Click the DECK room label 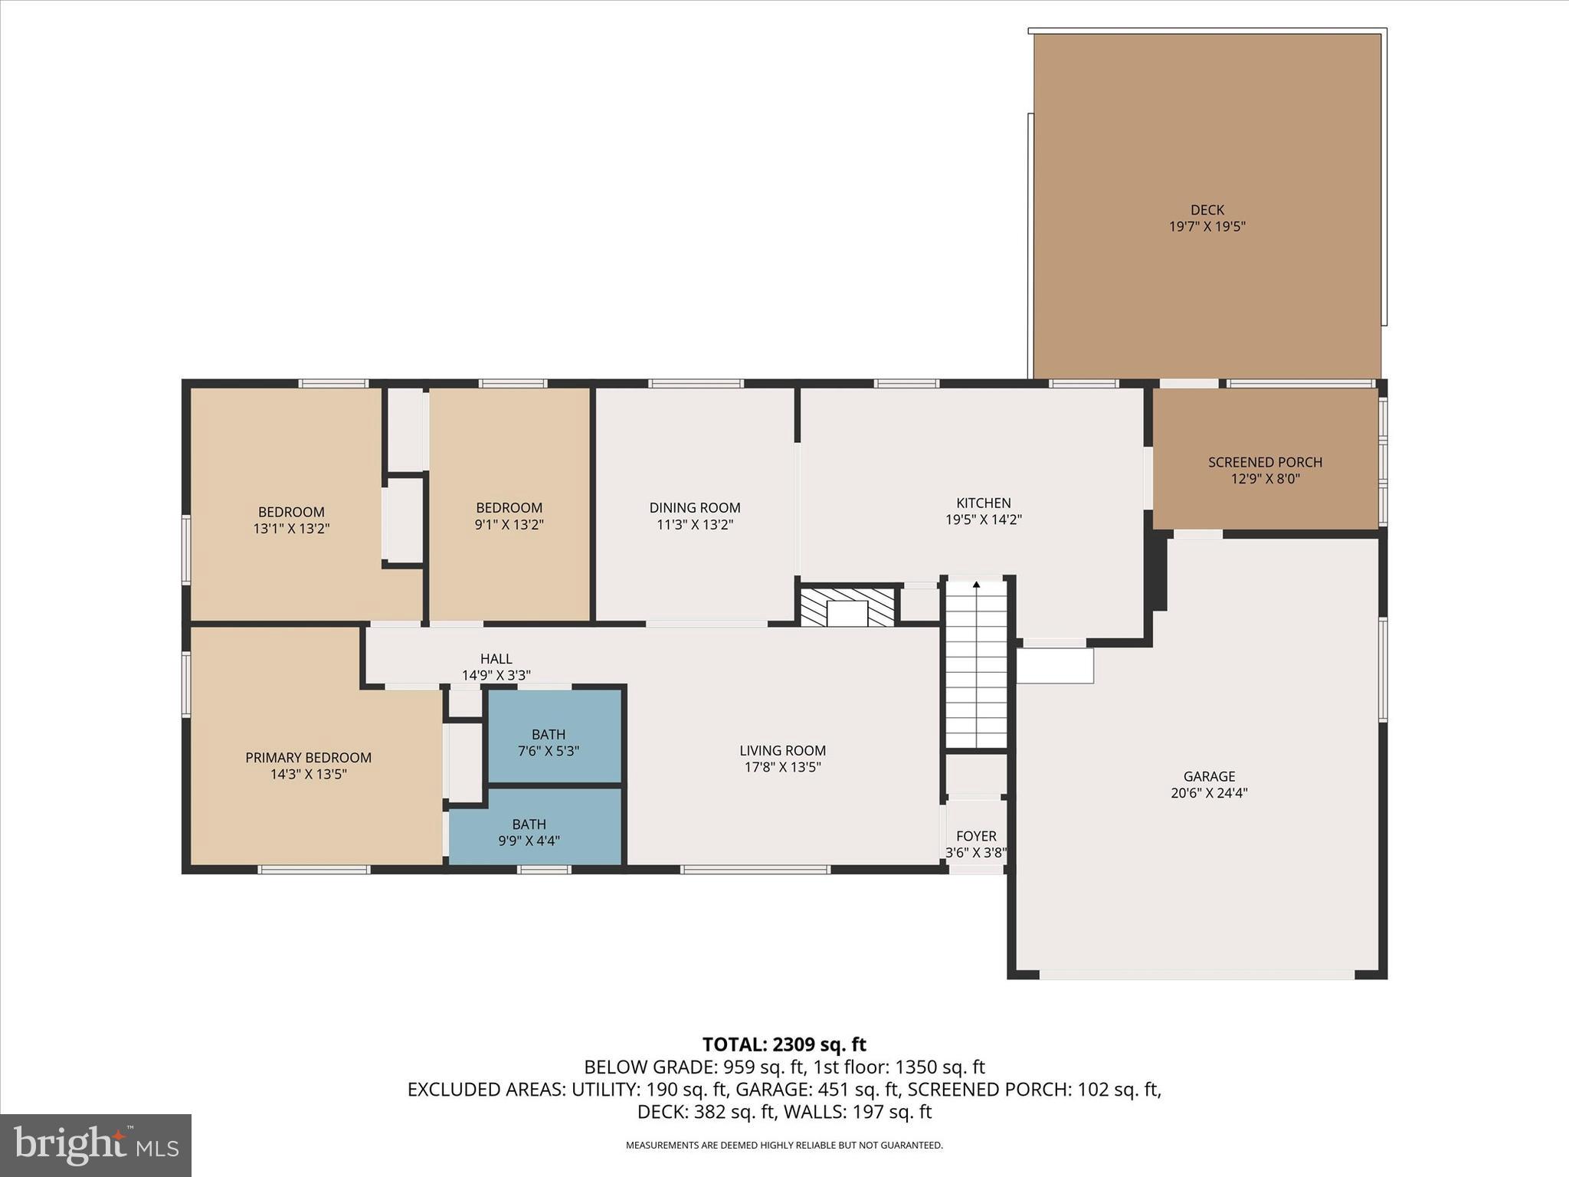pos(1207,209)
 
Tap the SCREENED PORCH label pos(1265,462)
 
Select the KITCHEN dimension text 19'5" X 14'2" pos(983,520)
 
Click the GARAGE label pos(1209,776)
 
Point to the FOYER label pos(976,836)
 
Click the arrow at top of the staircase pos(976,585)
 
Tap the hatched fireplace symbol pos(847,607)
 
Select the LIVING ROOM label pos(782,751)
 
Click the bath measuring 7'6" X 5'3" pos(548,743)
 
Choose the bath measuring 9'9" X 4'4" pos(529,832)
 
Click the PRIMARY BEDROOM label pos(308,758)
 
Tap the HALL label pos(496,659)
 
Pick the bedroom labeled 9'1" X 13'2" pos(509,516)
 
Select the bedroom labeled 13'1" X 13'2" pos(291,520)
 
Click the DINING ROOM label pos(694,508)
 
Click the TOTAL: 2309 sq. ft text pos(784,1044)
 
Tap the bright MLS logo pos(96,1145)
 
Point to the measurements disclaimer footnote pos(784,1146)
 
